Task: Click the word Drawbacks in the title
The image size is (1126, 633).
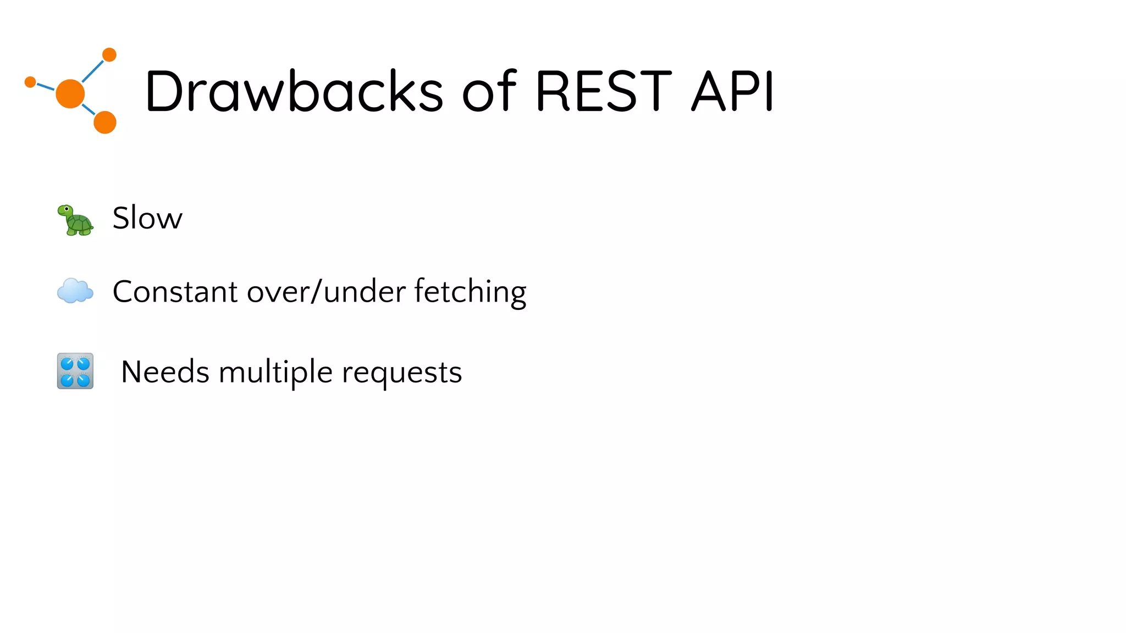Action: click(x=294, y=91)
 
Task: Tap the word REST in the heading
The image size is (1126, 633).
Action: click(x=603, y=91)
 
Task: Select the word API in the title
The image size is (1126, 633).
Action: click(x=732, y=91)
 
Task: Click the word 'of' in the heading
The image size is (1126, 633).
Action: click(x=489, y=91)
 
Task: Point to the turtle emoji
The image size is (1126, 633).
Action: click(x=76, y=220)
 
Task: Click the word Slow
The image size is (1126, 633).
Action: click(x=147, y=218)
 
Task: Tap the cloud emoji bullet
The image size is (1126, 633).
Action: click(x=75, y=291)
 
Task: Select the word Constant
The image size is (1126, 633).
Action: click(x=175, y=291)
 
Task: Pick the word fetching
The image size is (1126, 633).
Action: click(x=470, y=292)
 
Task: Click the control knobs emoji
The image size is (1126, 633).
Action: click(x=75, y=371)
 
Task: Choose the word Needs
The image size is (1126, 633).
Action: click(x=165, y=372)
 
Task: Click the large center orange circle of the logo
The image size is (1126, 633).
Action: click(x=70, y=94)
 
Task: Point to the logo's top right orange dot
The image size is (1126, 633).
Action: click(x=109, y=55)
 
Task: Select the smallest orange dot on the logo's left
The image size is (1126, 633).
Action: click(x=31, y=82)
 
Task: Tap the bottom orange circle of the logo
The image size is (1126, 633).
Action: click(x=105, y=122)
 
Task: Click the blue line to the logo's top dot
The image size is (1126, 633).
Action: click(x=93, y=71)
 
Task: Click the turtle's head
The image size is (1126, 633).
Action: click(x=65, y=210)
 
